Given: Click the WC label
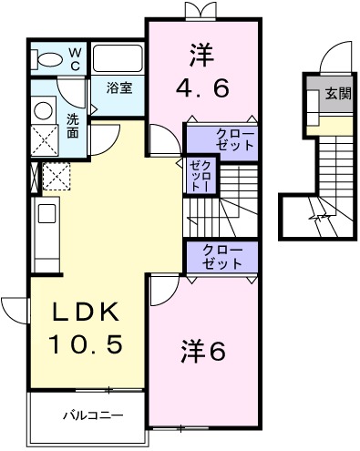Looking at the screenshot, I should coord(74,58).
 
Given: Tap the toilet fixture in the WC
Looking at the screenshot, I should coord(45,60).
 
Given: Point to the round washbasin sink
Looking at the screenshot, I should coord(42,109).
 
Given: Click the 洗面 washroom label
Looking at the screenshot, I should coord(73,125).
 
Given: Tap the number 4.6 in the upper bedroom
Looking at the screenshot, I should coord(208,88).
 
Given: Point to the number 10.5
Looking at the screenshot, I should coord(87,344).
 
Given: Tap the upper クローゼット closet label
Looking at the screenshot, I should coord(233,141).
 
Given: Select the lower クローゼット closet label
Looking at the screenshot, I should coord(222,256).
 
